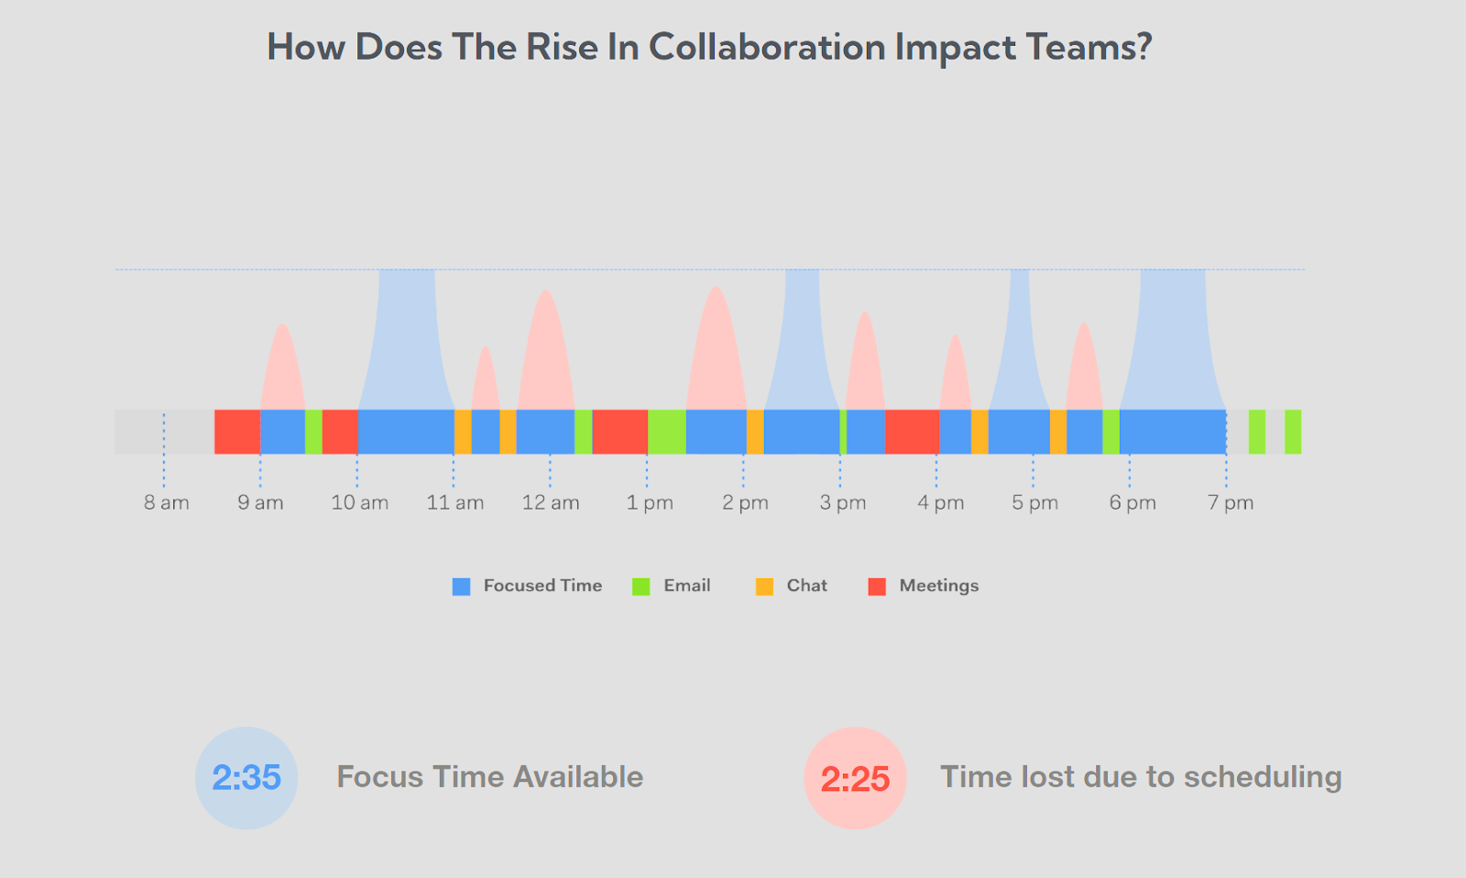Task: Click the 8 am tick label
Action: [166, 503]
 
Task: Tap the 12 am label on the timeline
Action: [551, 503]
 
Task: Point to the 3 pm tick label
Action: [843, 503]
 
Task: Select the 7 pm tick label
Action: [1231, 503]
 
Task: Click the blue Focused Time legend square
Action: [461, 587]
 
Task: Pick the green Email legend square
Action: [641, 587]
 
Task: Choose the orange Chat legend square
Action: [764, 587]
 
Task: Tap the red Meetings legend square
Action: [877, 587]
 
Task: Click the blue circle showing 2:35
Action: [246, 778]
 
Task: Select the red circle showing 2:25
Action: [855, 778]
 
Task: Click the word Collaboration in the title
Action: [767, 48]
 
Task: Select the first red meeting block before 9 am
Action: [237, 432]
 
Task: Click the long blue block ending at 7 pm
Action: [1173, 432]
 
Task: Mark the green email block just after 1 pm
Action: [667, 432]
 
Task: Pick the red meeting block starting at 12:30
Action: [620, 432]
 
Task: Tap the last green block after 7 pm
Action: [1293, 432]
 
